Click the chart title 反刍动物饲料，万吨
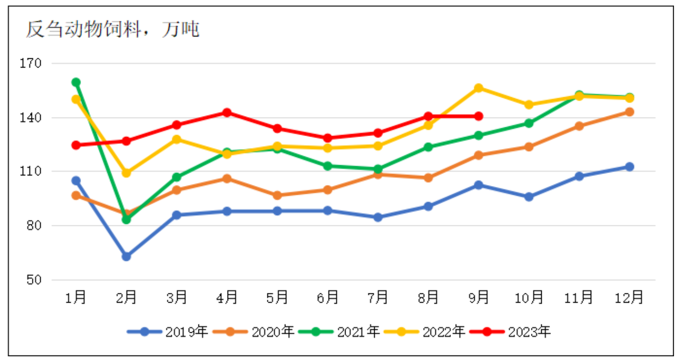pyautogui.click(x=112, y=30)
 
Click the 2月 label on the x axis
pyautogui.click(x=126, y=297)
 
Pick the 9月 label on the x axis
pyautogui.click(x=479, y=297)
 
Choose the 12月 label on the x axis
pyautogui.click(x=630, y=297)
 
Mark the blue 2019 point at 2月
pyautogui.click(x=126, y=256)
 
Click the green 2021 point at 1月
pyautogui.click(x=76, y=82)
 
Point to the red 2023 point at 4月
pyautogui.click(x=227, y=112)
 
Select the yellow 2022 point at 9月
pyautogui.click(x=479, y=88)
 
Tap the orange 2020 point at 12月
pyautogui.click(x=630, y=112)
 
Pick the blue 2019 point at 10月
pyautogui.click(x=529, y=197)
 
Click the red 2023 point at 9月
pyautogui.click(x=479, y=116)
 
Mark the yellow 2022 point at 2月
pyautogui.click(x=126, y=173)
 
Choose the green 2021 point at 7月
pyautogui.click(x=378, y=169)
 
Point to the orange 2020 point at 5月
pyautogui.click(x=278, y=195)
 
